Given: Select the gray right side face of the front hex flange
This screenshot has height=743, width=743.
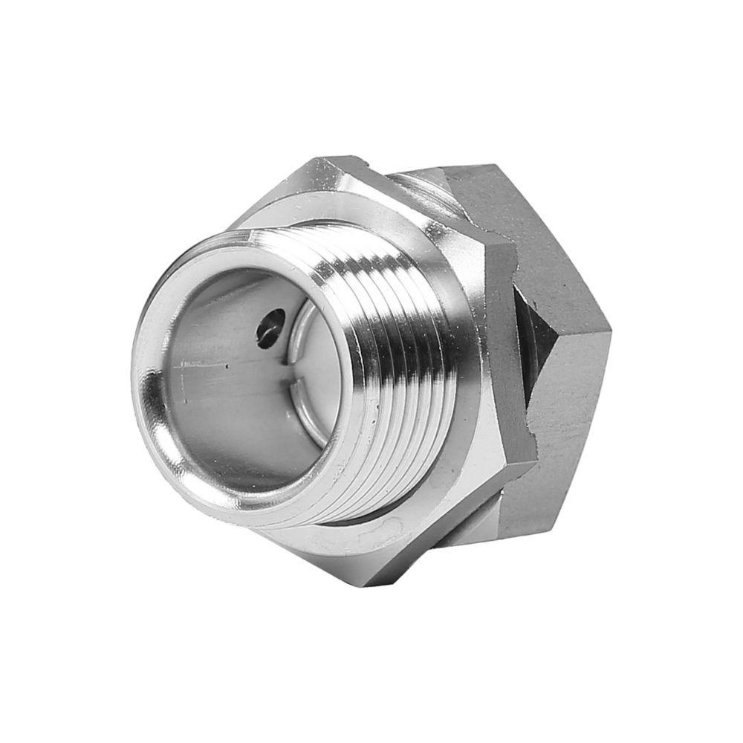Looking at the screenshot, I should tap(513, 349).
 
